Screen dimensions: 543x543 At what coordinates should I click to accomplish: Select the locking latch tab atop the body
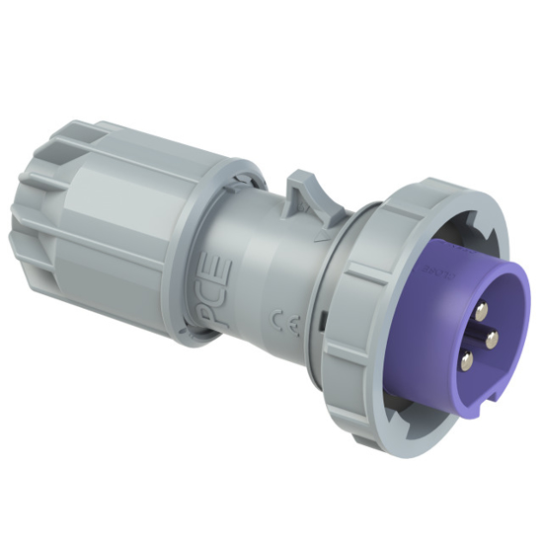pyautogui.click(x=303, y=193)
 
